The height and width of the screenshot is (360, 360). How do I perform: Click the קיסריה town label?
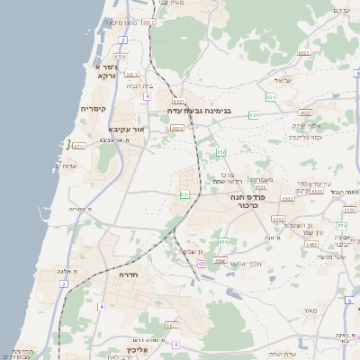pyautogui.click(x=94, y=109)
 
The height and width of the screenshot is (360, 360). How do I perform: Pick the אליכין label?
pyautogui.click(x=144, y=350)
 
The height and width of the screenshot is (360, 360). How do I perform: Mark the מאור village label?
pyautogui.click(x=311, y=311)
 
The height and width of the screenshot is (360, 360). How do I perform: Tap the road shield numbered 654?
pyautogui.click(x=271, y=96)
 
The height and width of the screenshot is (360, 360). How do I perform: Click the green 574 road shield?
pyautogui.click(x=342, y=226)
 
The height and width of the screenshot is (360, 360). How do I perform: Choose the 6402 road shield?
pyautogui.click(x=305, y=113)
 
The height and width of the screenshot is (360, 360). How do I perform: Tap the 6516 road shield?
pyautogui.click(x=121, y=56)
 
